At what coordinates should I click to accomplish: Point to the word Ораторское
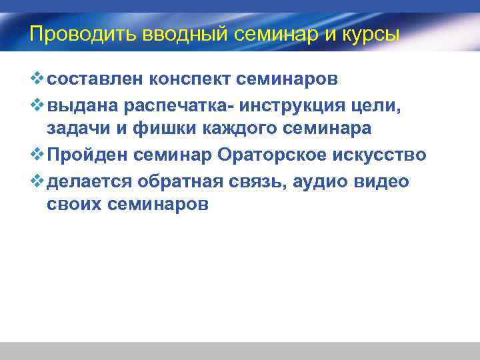click(279, 155)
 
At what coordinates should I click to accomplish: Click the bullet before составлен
click(37, 80)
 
